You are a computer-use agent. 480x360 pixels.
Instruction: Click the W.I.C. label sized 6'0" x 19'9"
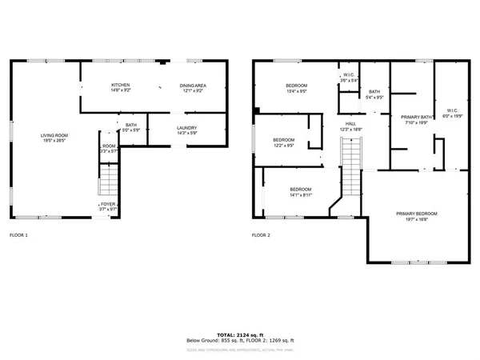(x=451, y=113)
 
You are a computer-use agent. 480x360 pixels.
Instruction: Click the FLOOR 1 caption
(x=18, y=235)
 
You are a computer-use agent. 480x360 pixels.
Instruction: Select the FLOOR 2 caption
(x=262, y=235)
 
